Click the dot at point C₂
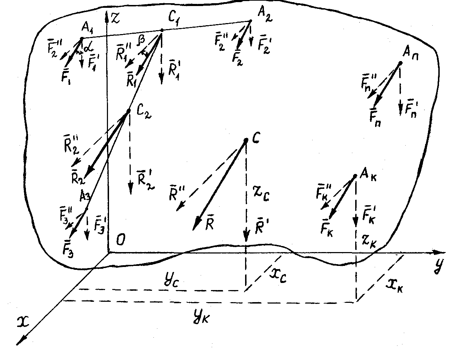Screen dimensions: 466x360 click(128, 111)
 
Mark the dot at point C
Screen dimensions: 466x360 click(246, 141)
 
